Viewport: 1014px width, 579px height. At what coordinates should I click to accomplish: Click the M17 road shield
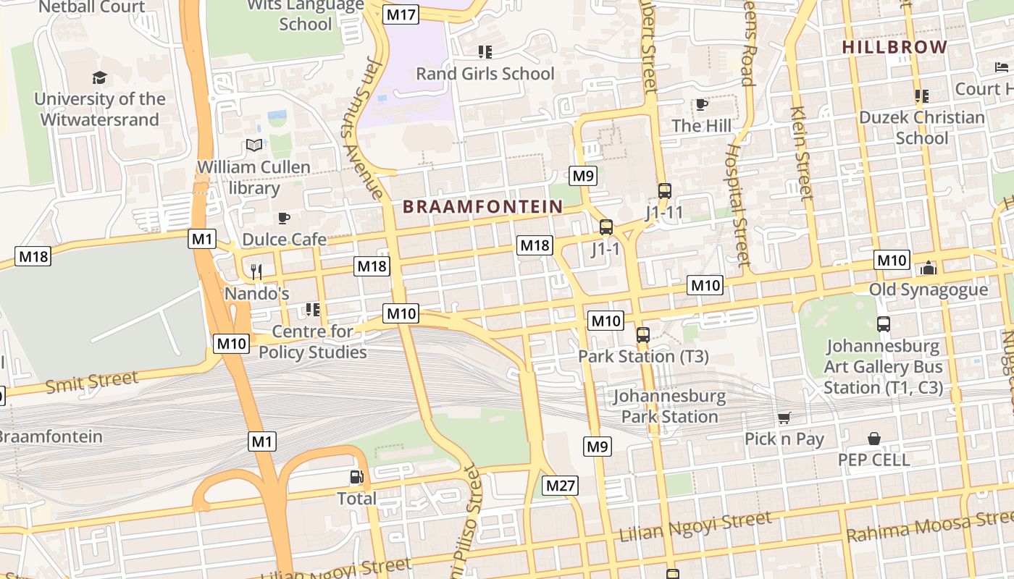(401, 14)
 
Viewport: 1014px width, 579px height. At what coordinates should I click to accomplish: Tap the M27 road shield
(561, 485)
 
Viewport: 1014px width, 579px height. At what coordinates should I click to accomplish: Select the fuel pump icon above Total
(356, 477)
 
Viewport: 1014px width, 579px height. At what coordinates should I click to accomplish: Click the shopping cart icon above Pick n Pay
(784, 418)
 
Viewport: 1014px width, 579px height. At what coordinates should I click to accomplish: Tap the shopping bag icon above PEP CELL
(874, 439)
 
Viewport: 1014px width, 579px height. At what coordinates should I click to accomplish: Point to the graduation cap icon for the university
(99, 78)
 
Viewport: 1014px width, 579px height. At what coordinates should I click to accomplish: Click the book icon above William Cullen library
(253, 145)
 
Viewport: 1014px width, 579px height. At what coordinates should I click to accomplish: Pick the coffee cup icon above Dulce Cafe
(284, 218)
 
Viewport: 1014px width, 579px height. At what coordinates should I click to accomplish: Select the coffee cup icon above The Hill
(701, 105)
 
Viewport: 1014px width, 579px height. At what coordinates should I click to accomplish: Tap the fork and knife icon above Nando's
(256, 271)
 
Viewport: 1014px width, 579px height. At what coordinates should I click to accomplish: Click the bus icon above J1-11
(664, 191)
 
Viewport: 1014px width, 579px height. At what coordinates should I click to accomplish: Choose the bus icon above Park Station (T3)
(642, 334)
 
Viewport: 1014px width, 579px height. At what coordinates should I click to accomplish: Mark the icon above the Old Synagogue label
(929, 269)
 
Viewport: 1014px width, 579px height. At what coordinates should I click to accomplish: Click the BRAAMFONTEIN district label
(482, 207)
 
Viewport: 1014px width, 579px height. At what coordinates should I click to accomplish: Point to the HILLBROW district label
(894, 48)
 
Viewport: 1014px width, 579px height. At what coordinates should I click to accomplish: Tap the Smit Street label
(92, 381)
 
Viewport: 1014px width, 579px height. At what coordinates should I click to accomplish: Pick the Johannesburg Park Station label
(669, 406)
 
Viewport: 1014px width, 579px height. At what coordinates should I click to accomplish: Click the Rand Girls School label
(485, 74)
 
